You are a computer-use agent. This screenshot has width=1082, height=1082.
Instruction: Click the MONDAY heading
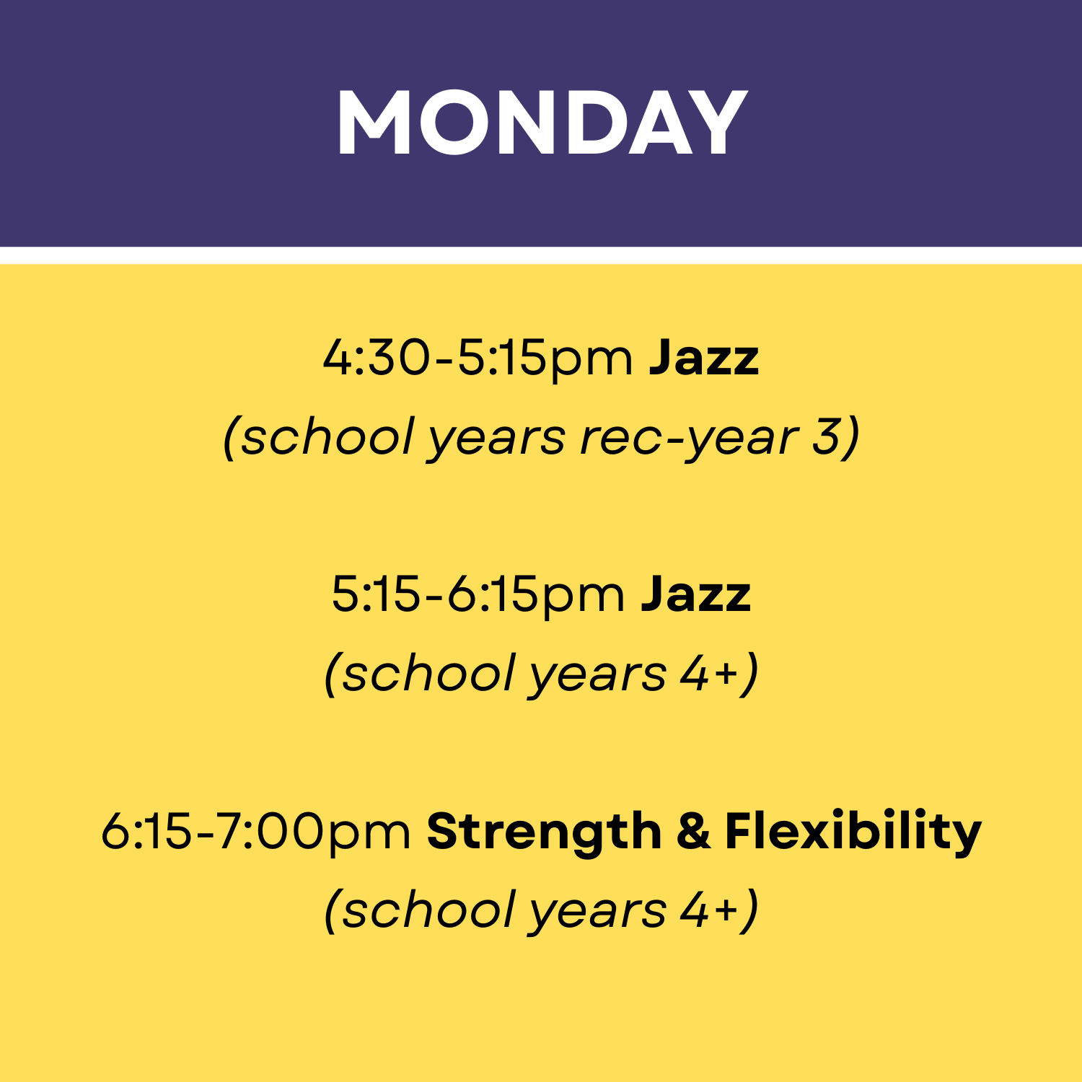click(x=541, y=123)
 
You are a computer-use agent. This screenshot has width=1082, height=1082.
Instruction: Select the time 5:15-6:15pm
click(x=478, y=595)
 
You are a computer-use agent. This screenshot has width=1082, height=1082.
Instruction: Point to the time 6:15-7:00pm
click(x=256, y=832)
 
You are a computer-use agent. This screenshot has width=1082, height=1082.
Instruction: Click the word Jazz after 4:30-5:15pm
click(x=704, y=359)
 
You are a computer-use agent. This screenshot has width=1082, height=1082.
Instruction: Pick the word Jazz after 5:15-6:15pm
click(x=696, y=595)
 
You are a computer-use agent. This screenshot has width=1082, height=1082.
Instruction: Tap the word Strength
click(x=544, y=832)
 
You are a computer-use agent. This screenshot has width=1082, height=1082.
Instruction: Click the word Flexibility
click(x=853, y=832)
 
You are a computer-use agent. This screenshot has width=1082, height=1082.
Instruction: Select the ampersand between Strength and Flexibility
click(x=693, y=832)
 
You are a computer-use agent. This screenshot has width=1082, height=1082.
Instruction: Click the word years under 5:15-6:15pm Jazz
click(x=598, y=674)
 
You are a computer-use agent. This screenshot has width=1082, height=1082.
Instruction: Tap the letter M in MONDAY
click(x=374, y=123)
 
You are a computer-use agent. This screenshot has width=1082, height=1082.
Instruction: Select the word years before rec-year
click(x=497, y=438)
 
